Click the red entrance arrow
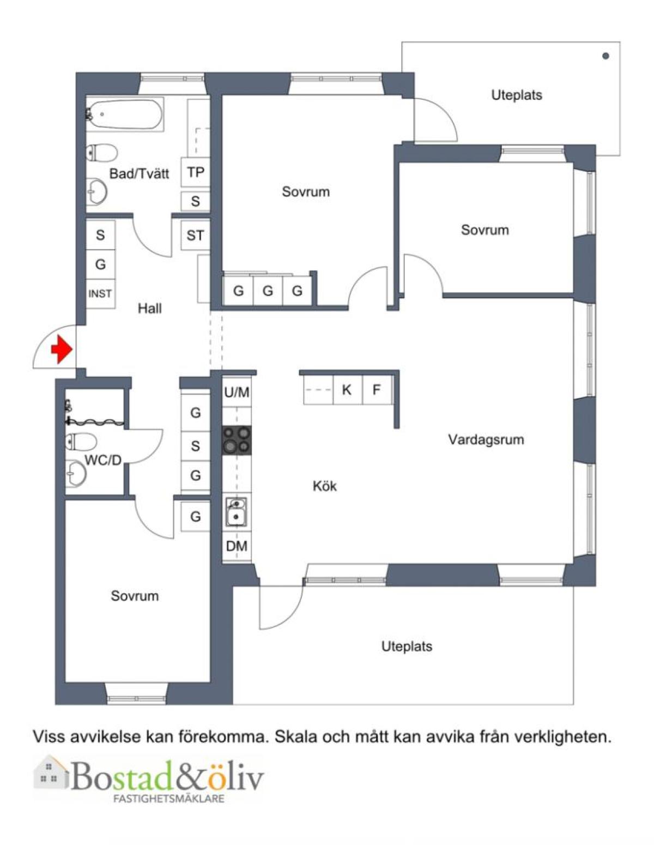(x=62, y=349)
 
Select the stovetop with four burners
(x=237, y=440)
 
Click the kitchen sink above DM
(x=237, y=512)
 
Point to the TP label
(x=196, y=172)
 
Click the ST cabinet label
(x=195, y=236)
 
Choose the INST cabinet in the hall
(x=100, y=294)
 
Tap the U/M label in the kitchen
(x=237, y=393)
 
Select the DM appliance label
(x=237, y=546)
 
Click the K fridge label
(x=347, y=390)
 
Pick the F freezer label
(x=376, y=390)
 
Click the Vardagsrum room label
(x=486, y=439)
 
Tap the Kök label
(x=325, y=486)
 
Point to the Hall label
(x=150, y=309)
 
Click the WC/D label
(x=103, y=461)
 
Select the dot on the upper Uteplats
(x=605, y=56)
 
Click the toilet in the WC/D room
(x=81, y=442)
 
